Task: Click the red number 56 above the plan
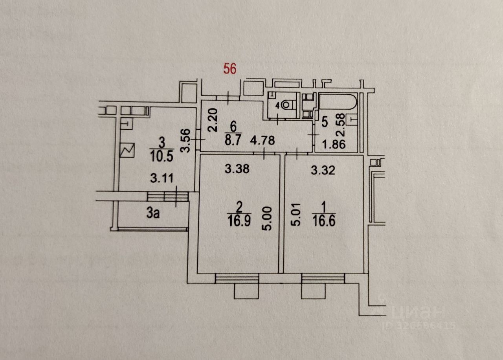click(230, 69)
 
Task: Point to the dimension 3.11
click(162, 179)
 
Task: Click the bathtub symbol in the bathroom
click(338, 101)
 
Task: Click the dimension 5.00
click(268, 220)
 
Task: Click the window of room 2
click(237, 278)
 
